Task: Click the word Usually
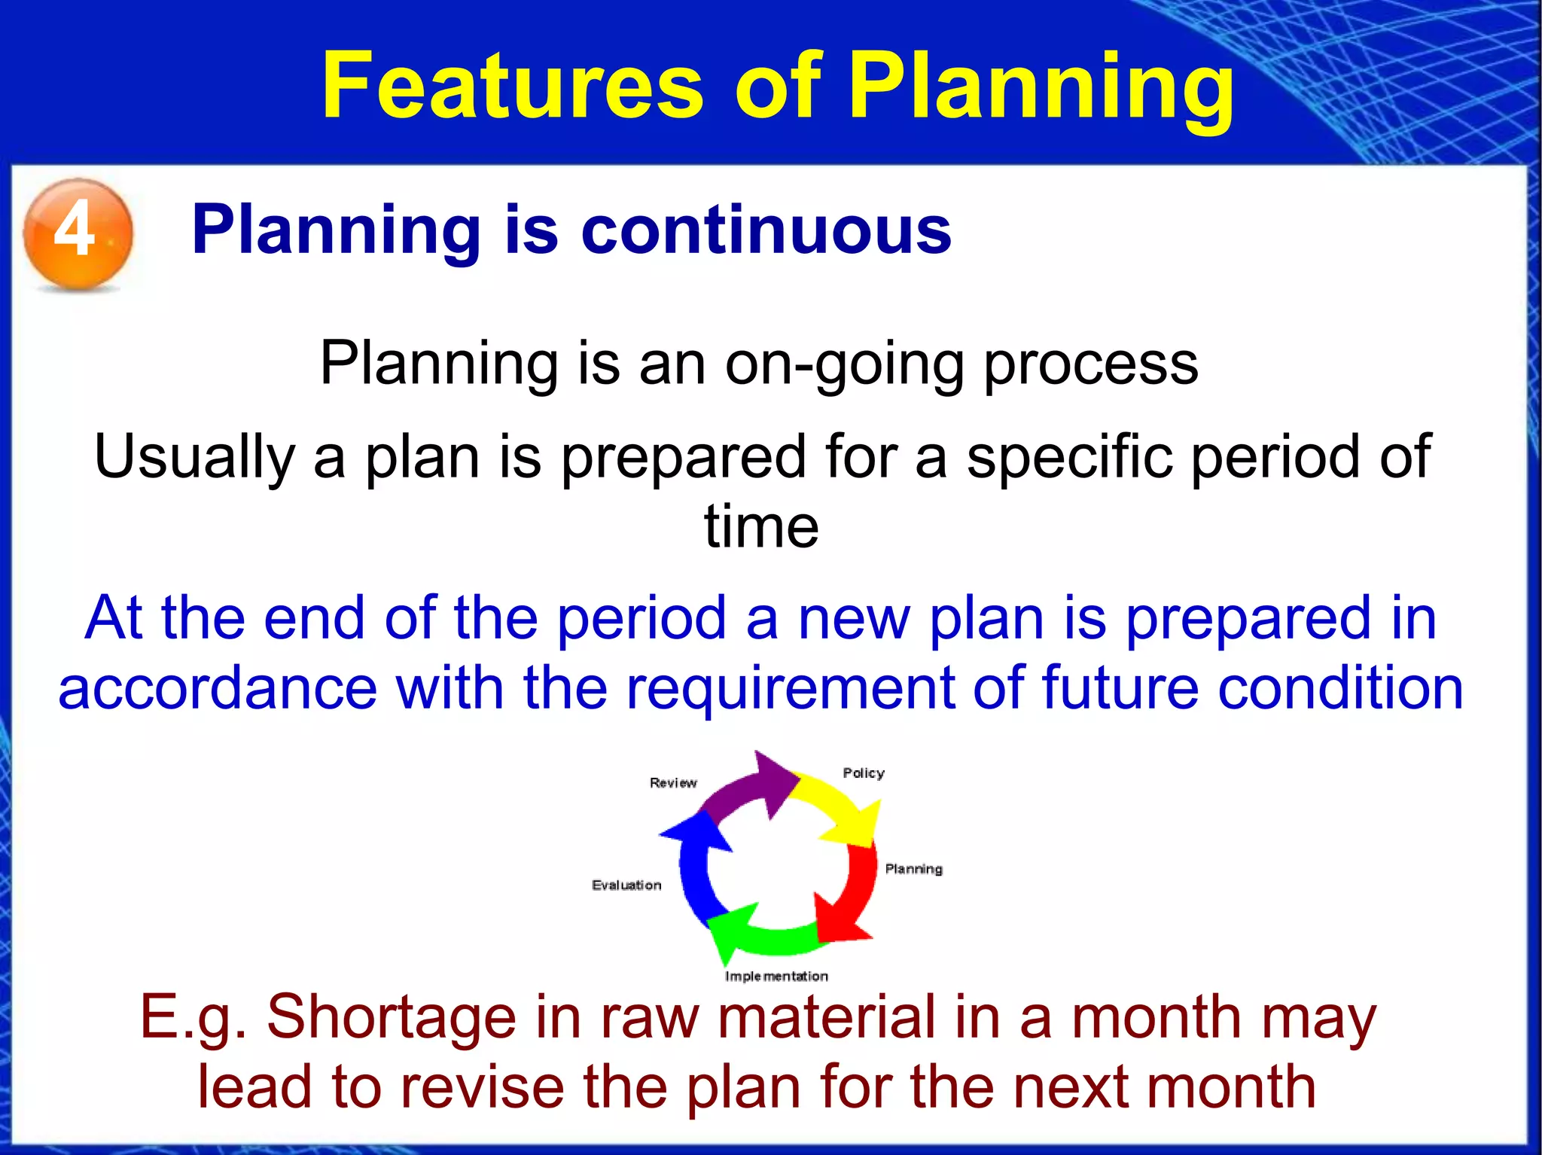point(194,457)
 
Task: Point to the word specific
point(1070,457)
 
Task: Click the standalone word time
point(761,526)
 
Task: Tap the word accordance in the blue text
point(218,688)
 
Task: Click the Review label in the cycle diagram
point(673,783)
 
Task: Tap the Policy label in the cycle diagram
point(863,773)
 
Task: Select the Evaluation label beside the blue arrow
point(626,885)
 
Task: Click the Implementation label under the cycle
point(776,977)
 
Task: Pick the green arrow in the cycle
point(760,934)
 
